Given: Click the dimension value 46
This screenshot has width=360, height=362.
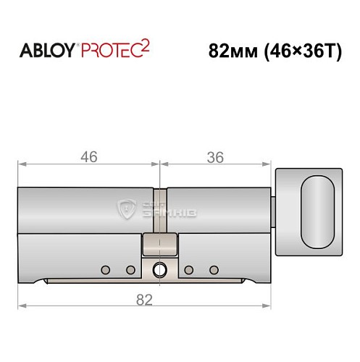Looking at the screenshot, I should click(x=88, y=157).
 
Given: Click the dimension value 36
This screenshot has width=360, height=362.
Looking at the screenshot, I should click(x=214, y=157).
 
